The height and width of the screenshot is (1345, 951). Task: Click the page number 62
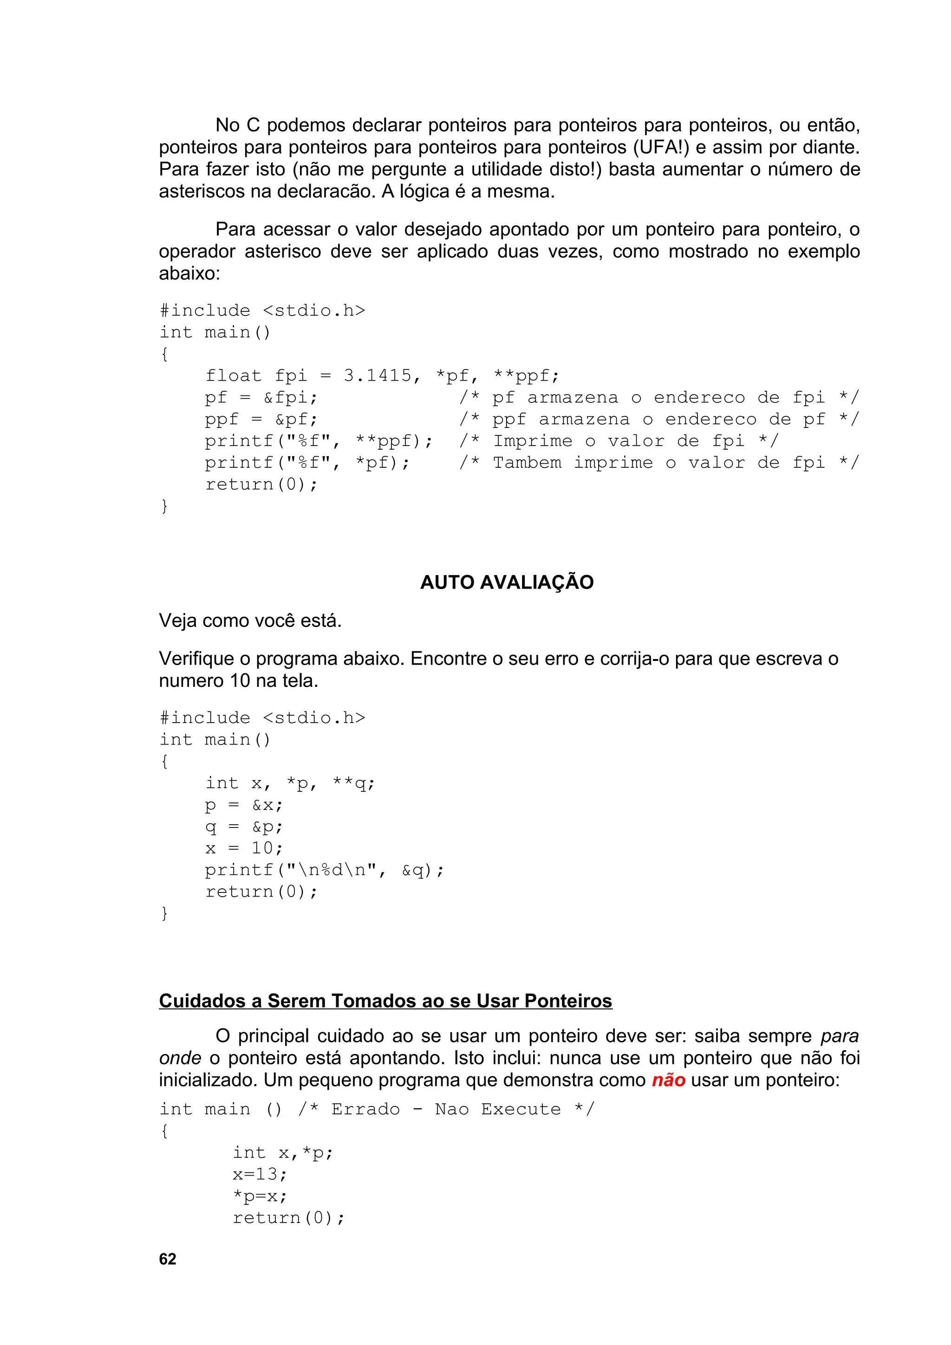point(167,1259)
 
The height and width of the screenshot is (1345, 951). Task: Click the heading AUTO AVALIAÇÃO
point(507,582)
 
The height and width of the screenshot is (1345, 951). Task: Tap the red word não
point(668,1080)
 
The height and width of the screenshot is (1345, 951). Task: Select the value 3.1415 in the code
point(378,375)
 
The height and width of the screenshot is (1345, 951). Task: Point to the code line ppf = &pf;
point(261,420)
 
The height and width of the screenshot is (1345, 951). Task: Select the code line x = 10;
point(243,848)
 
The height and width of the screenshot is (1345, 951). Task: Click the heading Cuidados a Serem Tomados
point(385,1001)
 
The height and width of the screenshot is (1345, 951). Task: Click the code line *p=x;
point(260,1196)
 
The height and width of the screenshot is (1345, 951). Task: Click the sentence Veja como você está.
point(250,621)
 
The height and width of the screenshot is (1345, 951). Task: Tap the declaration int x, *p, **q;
point(289,783)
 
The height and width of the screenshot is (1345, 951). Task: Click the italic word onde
point(180,1058)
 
